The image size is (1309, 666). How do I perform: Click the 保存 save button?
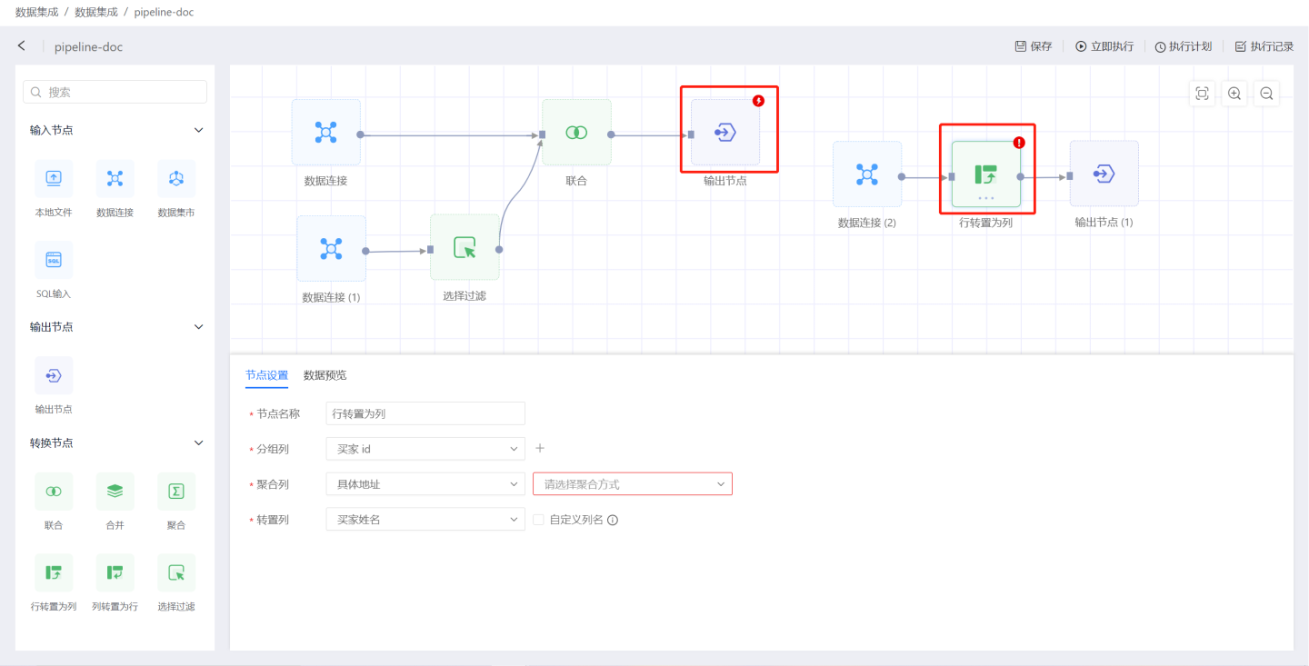[x=1033, y=46]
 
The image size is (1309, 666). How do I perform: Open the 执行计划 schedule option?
[x=1183, y=46]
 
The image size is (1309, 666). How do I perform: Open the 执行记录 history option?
[x=1264, y=46]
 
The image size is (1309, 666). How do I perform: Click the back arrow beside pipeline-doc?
[x=22, y=45]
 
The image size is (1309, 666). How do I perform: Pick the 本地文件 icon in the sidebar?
[x=54, y=179]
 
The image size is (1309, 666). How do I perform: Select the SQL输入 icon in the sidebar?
[x=54, y=260]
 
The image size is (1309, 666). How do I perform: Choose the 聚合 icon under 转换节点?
[x=176, y=492]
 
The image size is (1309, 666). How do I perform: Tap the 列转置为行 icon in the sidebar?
[x=115, y=572]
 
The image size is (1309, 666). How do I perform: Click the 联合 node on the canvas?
[x=576, y=134]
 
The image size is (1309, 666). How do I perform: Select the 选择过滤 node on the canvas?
[x=465, y=248]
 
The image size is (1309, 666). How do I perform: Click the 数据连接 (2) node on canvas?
[x=867, y=174]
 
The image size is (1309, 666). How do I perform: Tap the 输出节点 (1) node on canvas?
[x=1104, y=174]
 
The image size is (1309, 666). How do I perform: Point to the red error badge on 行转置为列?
[x=1019, y=143]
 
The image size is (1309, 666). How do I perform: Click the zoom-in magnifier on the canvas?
[x=1234, y=94]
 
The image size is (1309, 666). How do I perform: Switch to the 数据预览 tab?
[x=325, y=375]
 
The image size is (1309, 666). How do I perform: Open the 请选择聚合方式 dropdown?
[x=632, y=484]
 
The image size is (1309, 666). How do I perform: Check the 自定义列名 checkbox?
[x=538, y=520]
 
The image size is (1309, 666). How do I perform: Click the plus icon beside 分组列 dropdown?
[x=540, y=448]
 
